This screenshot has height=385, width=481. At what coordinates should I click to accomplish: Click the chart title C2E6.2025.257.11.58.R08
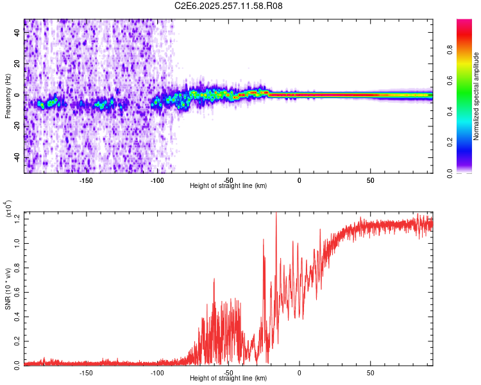(x=229, y=6)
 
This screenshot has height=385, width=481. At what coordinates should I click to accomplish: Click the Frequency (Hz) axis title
(x=8, y=96)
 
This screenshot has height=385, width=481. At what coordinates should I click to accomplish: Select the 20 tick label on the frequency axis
(x=18, y=64)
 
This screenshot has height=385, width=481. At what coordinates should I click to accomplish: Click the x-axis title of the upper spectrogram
(x=228, y=186)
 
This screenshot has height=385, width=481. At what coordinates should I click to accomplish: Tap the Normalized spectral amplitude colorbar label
(x=476, y=96)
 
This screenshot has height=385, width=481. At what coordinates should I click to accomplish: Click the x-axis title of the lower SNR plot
(x=228, y=379)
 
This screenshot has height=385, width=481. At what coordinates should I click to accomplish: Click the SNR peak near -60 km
(x=214, y=279)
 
